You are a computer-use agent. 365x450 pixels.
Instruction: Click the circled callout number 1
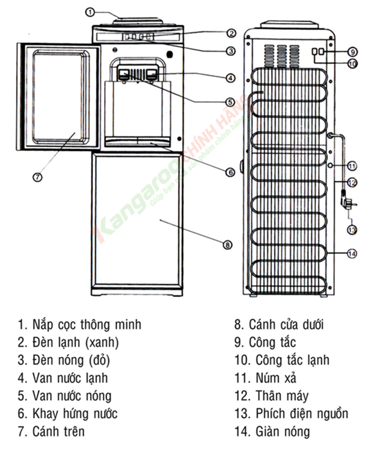pyautogui.click(x=90, y=12)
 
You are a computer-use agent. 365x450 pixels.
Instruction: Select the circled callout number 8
pyautogui.click(x=227, y=245)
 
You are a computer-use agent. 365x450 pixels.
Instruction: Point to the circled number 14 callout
pyautogui.click(x=352, y=254)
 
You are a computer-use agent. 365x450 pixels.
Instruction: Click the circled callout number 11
pyautogui.click(x=352, y=166)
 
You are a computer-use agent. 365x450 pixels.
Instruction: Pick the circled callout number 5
pyautogui.click(x=231, y=102)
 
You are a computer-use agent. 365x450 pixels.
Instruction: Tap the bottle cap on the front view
pyautogui.click(x=138, y=21)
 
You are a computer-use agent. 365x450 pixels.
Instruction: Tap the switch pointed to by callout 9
pyautogui.click(x=322, y=51)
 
